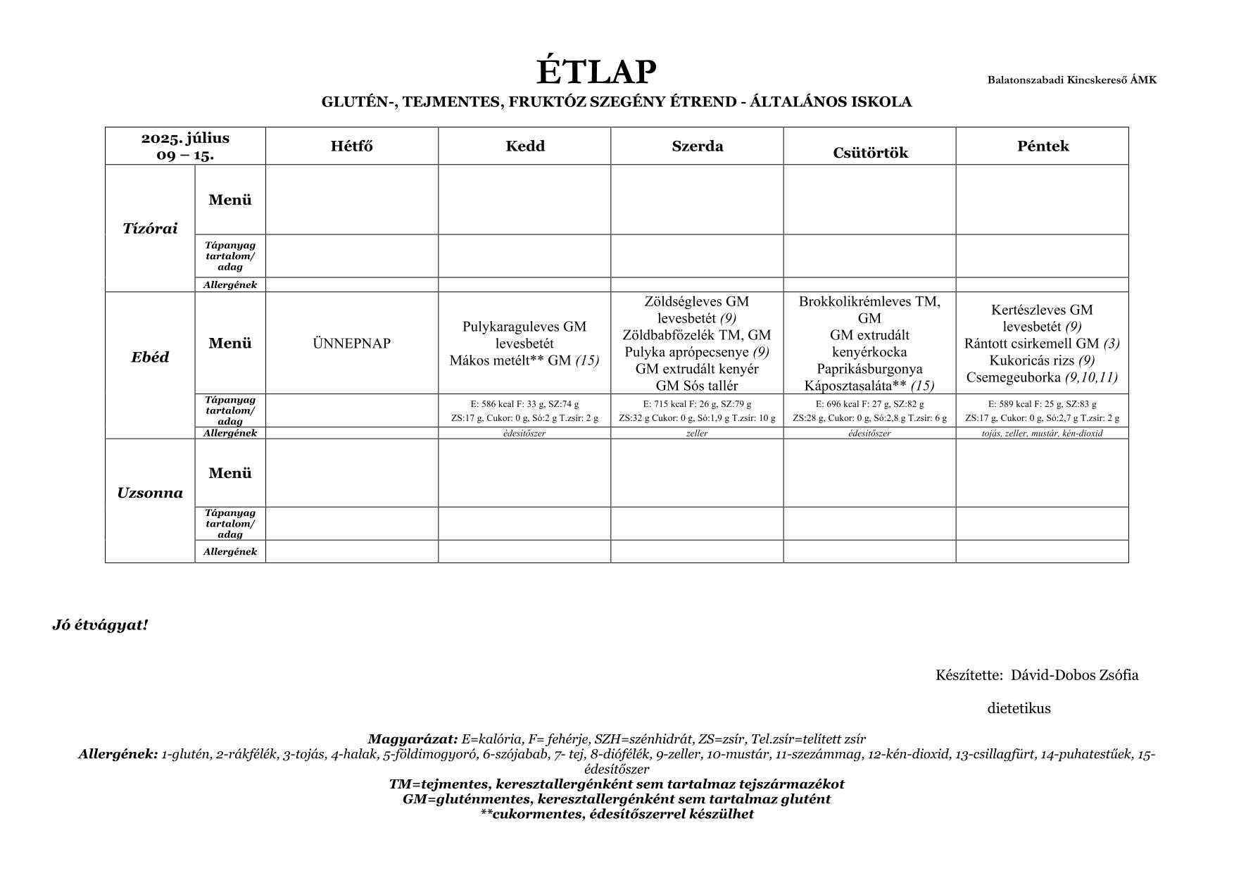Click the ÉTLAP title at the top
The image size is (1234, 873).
pos(596,72)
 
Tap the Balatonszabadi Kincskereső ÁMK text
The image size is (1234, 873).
pos(1071,80)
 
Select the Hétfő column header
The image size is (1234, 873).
pos(351,146)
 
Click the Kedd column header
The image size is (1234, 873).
pos(524,146)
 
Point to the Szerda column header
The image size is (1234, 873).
pos(697,146)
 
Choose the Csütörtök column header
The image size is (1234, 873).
pos(870,153)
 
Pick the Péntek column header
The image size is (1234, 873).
pos(1043,146)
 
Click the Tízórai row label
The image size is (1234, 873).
pos(150,228)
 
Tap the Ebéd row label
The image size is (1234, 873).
pos(150,357)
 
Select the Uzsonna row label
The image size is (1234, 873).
pos(150,493)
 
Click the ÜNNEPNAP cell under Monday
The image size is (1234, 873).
pos(351,344)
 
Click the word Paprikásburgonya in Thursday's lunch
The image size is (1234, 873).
pos(869,369)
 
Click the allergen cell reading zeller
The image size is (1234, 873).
pos(697,434)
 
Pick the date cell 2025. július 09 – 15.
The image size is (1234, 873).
pos(185,146)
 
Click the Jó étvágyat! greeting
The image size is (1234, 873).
pos(100,625)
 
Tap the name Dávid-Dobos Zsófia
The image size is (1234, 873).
pos(1074,675)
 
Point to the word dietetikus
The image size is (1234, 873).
pos(1019,708)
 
